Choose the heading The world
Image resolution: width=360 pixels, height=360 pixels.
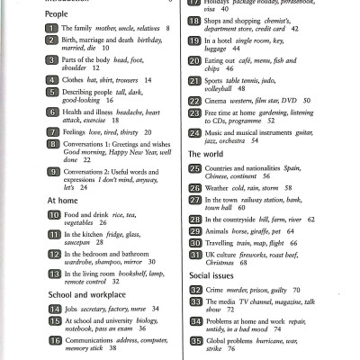206,154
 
